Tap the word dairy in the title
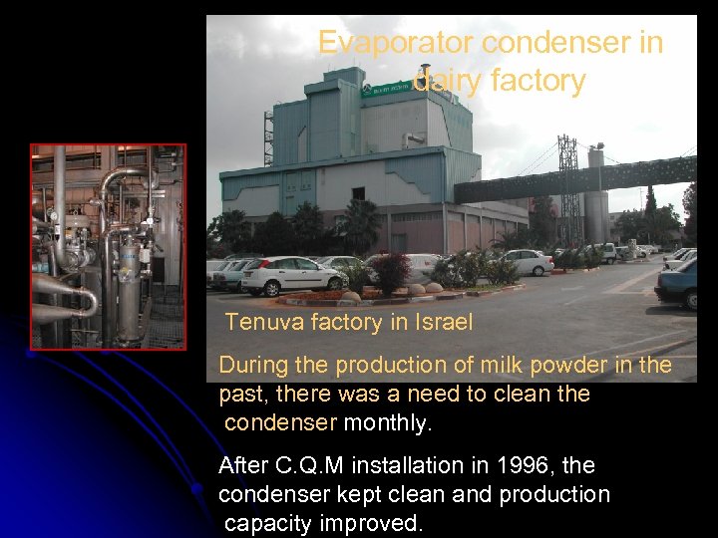(x=448, y=80)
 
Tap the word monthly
(x=388, y=422)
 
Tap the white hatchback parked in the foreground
(x=290, y=275)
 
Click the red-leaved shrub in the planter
(x=390, y=270)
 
